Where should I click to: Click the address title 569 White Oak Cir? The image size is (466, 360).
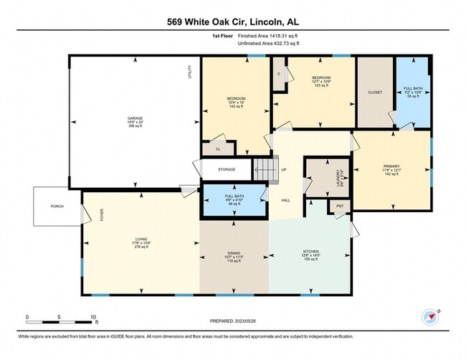pos(233,22)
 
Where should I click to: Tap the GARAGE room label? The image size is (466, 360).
pos(135,118)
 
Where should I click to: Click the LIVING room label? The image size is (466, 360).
pos(142,240)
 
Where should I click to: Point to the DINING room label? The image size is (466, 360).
pos(234,253)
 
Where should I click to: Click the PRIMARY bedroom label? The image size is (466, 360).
pos(391,166)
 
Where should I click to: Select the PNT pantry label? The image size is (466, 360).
pos(339,207)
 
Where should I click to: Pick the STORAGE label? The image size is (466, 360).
pos(227,169)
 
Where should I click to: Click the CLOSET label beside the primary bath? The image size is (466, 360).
pos(375,93)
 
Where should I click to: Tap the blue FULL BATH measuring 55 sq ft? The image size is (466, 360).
pos(413,89)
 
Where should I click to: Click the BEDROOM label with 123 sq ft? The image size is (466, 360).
pos(320,77)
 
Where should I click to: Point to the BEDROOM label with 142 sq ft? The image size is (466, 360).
pos(237,98)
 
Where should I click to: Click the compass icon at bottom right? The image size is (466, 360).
pos(429,316)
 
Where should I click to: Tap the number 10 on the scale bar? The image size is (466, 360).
pos(94,316)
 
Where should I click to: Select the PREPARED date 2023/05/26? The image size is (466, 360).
pos(232,321)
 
